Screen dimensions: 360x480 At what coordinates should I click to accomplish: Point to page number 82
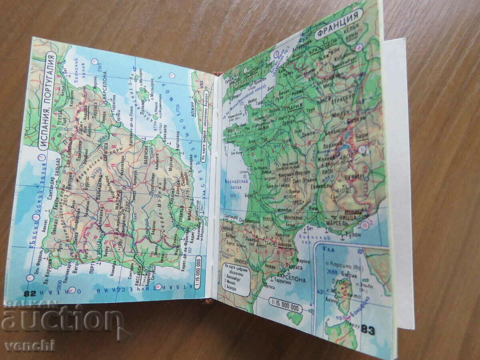coord(30,293)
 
